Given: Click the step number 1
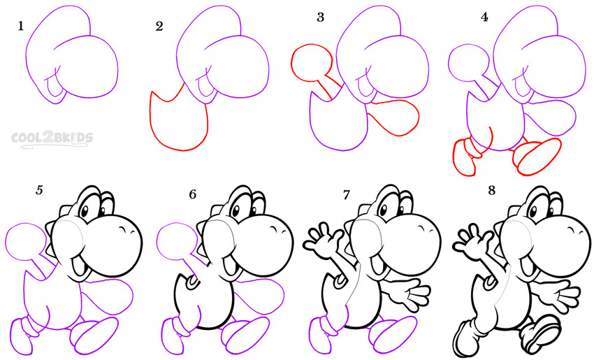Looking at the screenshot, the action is tap(20, 26).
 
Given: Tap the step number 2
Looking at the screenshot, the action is tap(159, 26).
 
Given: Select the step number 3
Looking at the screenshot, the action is tap(321, 17).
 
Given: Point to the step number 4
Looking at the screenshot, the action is tap(484, 17).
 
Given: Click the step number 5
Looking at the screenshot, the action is tap(39, 190).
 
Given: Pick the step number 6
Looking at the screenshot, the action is tap(192, 194).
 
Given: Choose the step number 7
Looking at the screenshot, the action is tap(346, 195).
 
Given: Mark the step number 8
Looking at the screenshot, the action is tap(492, 190).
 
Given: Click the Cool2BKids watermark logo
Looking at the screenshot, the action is tap(52, 139).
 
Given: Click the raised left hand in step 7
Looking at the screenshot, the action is tap(322, 241).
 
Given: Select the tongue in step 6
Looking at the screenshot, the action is tap(229, 266).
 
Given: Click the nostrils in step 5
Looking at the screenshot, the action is tap(124, 230).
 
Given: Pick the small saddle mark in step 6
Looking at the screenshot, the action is tap(192, 282).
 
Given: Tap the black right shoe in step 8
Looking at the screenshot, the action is tap(541, 333).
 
